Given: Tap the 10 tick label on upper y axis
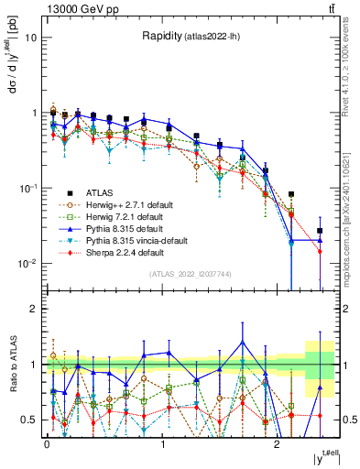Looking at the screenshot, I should pos(30,38).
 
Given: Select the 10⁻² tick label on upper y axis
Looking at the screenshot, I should pos(28,263).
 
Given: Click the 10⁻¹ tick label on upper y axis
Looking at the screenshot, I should pos(28,188).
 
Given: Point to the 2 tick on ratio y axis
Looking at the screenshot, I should pos(35,309).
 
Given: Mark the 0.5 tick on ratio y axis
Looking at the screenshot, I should pos(30,420).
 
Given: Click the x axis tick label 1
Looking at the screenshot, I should pos(162,444).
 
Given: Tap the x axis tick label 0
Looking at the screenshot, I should pos(47,444).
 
